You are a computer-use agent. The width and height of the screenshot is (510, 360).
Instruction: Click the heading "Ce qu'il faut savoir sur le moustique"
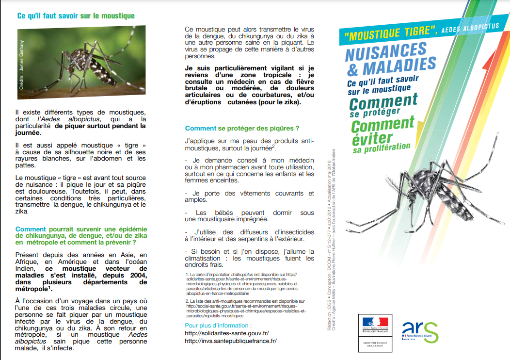click(x=76, y=16)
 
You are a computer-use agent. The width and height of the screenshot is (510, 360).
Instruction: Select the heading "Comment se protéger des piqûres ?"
click(x=242, y=129)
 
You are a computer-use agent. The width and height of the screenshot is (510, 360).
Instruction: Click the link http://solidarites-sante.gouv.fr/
click(x=227, y=333)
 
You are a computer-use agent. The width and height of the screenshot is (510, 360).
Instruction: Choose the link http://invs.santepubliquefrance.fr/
click(x=231, y=341)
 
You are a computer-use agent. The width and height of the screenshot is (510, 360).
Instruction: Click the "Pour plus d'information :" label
click(x=218, y=325)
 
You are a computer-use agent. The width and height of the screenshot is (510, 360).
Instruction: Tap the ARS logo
click(x=421, y=331)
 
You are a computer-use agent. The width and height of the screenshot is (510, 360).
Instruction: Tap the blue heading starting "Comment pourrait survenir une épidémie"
click(x=80, y=235)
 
